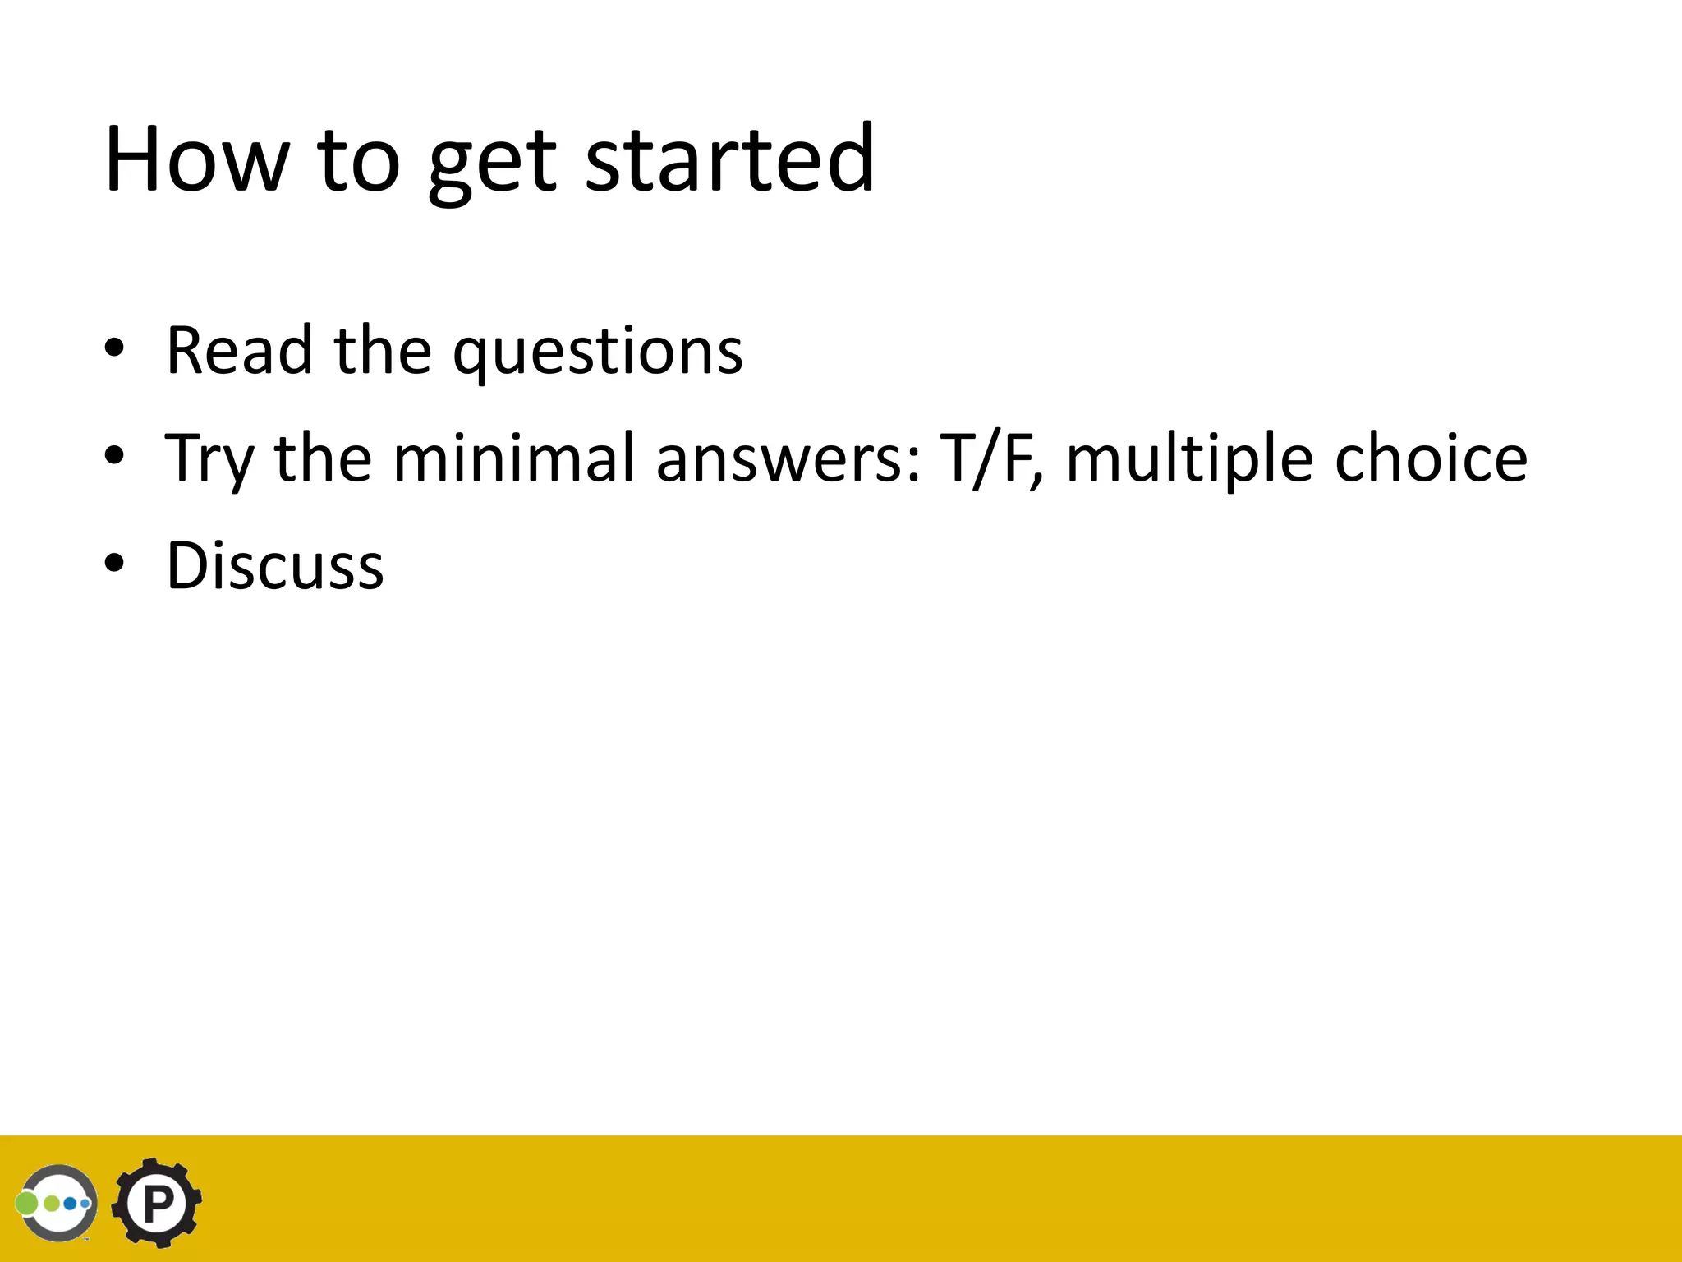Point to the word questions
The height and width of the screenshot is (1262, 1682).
click(598, 353)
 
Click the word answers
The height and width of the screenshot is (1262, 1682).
click(788, 458)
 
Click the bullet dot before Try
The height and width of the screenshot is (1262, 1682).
click(114, 456)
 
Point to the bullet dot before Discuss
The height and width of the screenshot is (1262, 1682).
click(114, 564)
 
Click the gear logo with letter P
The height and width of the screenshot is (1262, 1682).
click(157, 1204)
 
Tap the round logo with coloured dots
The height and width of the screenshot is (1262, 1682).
click(58, 1204)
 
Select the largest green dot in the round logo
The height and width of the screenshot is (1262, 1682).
click(27, 1204)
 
